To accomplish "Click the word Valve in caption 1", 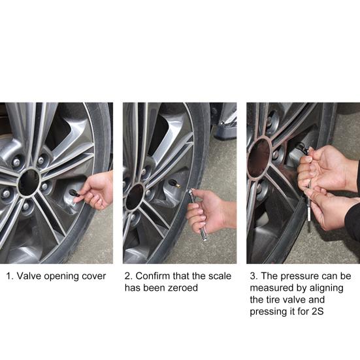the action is click(x=29, y=276).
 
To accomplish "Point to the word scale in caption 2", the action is click(x=220, y=276).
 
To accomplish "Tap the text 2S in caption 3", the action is click(x=318, y=312).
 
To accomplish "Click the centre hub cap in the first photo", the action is click(x=29, y=182).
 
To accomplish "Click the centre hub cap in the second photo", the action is click(x=135, y=197).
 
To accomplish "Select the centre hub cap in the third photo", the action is click(x=259, y=158).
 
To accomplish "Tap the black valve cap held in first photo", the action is click(x=74, y=193).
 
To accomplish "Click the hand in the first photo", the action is click(x=97, y=190).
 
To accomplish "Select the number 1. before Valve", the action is click(x=10, y=276).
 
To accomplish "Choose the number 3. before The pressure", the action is click(x=254, y=276).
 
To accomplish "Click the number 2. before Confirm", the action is click(x=129, y=276).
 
